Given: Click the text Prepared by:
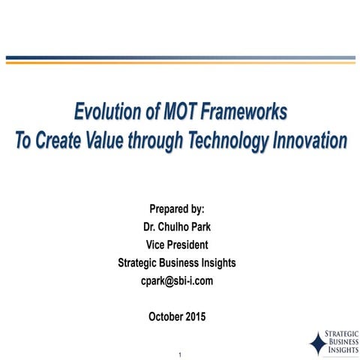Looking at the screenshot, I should (177, 208).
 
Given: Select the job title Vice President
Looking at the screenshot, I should (177, 244).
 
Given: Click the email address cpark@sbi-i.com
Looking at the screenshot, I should (177, 280).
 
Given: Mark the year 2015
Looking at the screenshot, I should (197, 316).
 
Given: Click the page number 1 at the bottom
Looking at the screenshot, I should (180, 353).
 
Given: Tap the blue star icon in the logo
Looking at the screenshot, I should (316, 343).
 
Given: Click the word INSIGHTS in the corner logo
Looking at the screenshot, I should (340, 351).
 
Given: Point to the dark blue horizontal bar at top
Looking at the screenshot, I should (180, 58).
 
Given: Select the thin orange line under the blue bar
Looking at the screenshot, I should (180, 63).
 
